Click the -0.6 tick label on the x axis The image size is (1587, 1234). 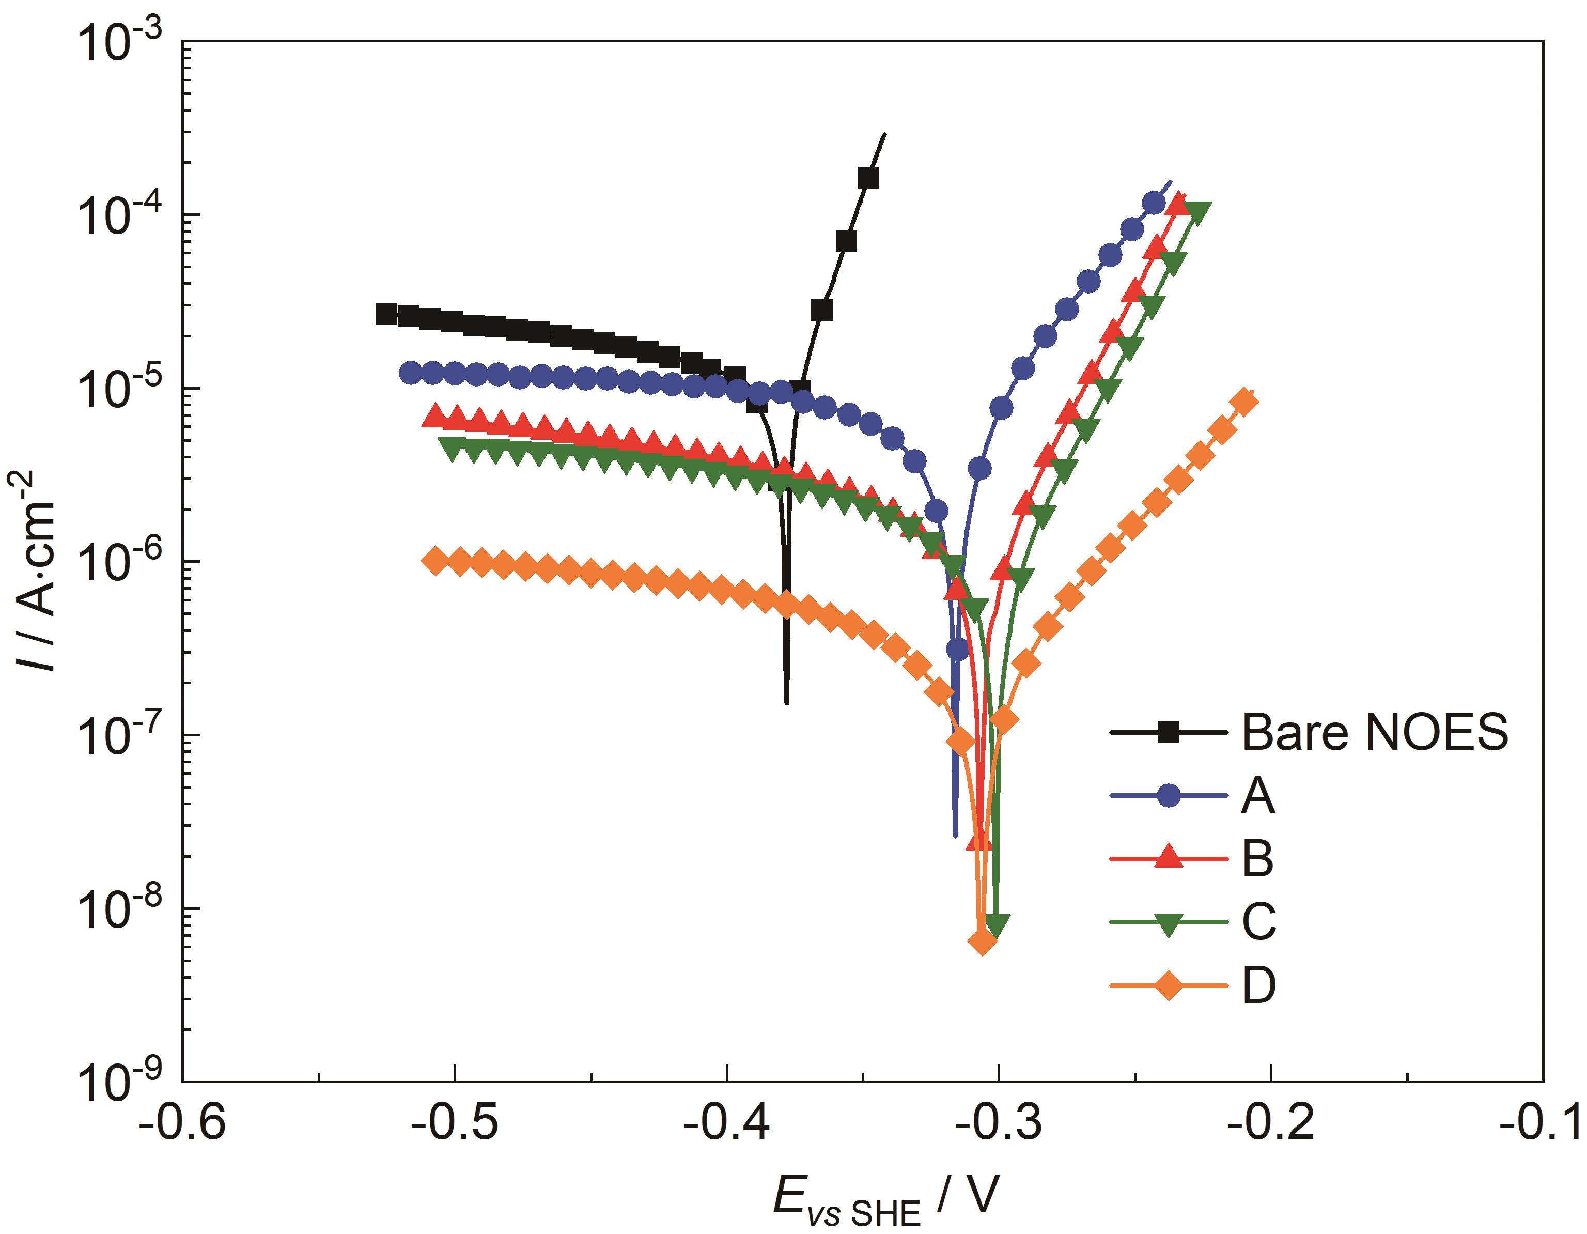tap(182, 1123)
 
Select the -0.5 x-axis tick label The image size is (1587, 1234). tap(454, 1123)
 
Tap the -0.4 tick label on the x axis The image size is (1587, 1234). tap(727, 1123)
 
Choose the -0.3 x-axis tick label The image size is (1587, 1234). tap(999, 1123)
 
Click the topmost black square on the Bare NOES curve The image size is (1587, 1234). tap(867, 178)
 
